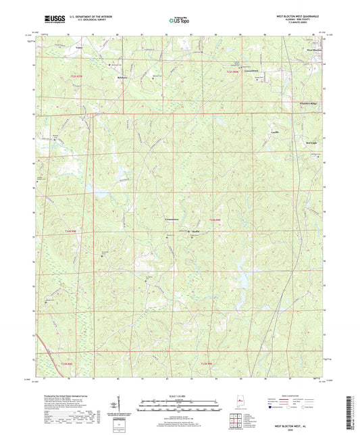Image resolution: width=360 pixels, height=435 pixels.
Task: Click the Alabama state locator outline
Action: click(238, 401)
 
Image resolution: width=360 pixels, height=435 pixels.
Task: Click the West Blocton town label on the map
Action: click(315, 50)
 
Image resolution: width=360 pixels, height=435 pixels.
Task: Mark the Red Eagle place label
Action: click(311, 143)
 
